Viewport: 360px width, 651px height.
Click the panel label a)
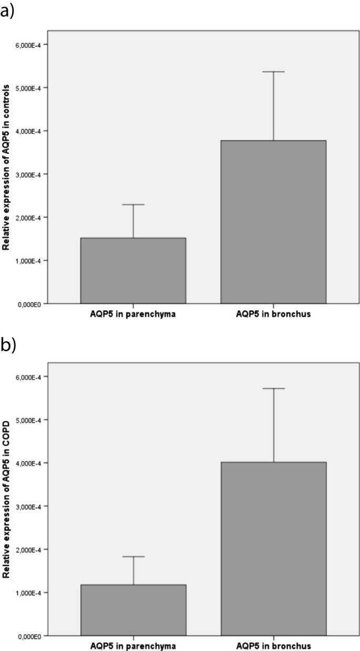[7, 10]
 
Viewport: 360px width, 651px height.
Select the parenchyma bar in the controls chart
[133, 271]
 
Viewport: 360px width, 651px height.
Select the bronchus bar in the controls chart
[273, 222]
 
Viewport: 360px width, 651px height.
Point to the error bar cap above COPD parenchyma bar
[133, 556]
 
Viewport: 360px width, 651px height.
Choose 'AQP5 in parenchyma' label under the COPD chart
[133, 645]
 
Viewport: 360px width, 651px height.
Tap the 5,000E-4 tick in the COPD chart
[34, 420]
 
